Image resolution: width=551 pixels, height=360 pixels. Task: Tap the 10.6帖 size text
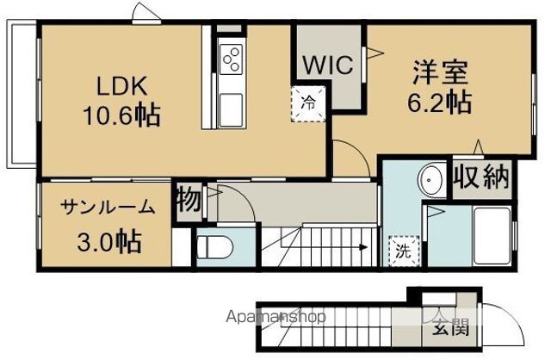pyautogui.click(x=121, y=115)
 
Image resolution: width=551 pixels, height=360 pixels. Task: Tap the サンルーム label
pyautogui.click(x=108, y=207)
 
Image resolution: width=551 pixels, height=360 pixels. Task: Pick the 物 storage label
pyautogui.click(x=189, y=200)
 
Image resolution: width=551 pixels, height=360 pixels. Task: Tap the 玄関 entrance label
pyautogui.click(x=444, y=328)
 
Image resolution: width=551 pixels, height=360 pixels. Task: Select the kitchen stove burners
pyautogui.click(x=232, y=59)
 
